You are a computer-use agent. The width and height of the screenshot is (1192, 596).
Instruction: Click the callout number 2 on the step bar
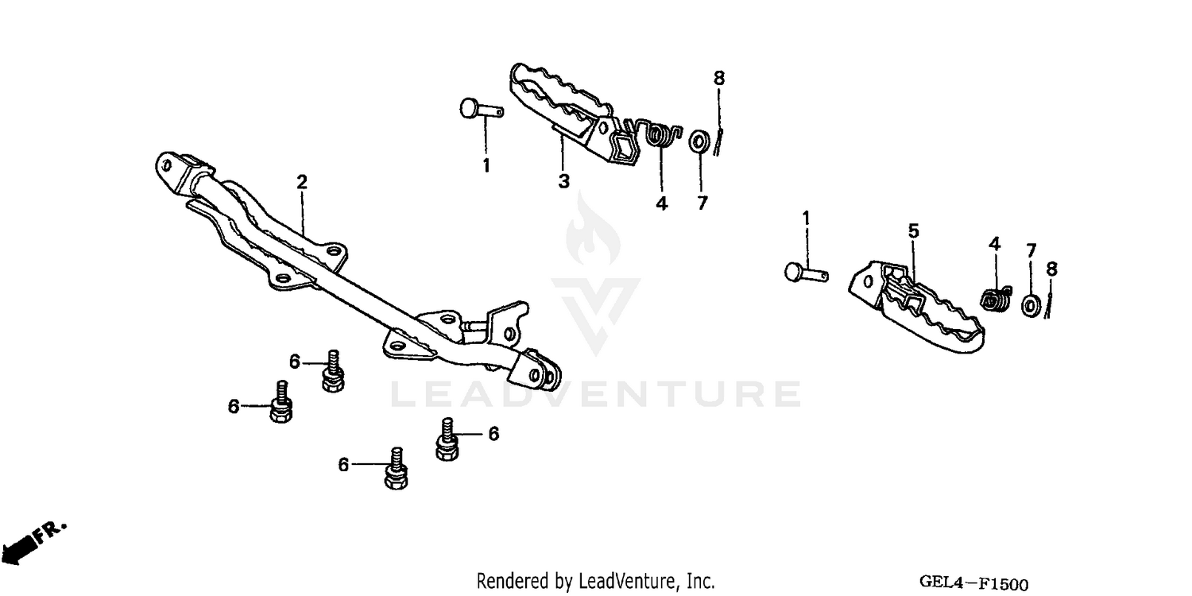(x=302, y=182)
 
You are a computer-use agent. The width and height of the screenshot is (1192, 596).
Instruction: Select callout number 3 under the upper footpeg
(x=563, y=181)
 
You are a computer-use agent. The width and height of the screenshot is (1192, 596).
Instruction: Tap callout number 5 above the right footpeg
(x=914, y=231)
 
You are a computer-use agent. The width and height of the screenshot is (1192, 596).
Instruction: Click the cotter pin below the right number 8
(x=1050, y=303)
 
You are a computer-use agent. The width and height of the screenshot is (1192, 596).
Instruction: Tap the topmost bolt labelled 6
(x=332, y=371)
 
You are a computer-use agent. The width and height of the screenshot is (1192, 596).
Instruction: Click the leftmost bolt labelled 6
(x=280, y=404)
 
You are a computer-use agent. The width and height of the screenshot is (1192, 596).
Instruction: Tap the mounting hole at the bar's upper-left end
(x=167, y=166)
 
